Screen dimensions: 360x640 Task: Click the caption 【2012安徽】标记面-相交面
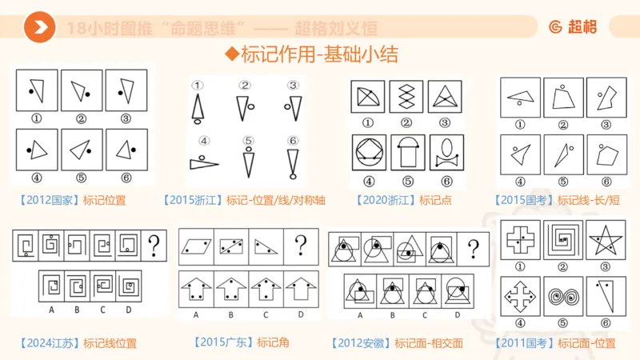(x=398, y=343)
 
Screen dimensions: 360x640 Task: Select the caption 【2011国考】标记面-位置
(x=558, y=343)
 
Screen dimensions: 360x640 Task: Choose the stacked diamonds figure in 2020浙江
(x=406, y=98)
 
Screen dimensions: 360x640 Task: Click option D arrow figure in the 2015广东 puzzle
(x=300, y=290)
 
